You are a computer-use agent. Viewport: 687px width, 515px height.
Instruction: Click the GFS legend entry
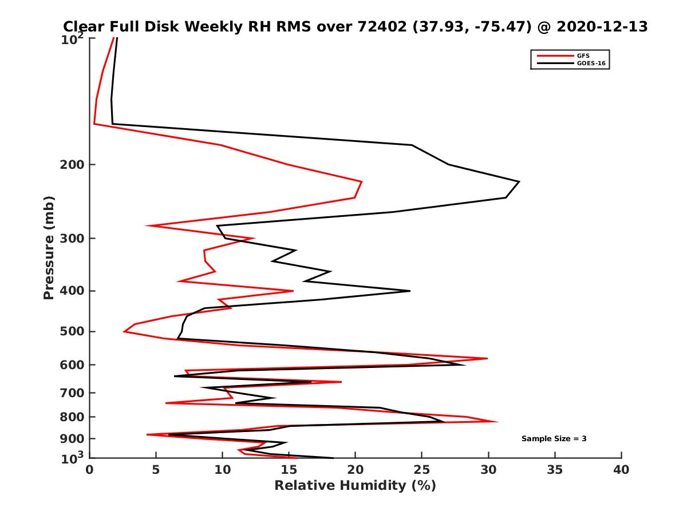(583, 56)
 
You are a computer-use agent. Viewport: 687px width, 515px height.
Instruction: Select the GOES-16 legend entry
(590, 64)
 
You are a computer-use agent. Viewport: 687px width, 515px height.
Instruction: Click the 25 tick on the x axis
(422, 470)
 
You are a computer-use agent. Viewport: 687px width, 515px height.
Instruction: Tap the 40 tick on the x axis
(621, 470)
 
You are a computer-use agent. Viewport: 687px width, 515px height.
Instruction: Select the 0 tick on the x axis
(90, 470)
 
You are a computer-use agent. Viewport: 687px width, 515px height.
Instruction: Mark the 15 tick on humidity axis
(289, 470)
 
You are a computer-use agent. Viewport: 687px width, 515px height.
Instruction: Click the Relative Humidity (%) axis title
(355, 486)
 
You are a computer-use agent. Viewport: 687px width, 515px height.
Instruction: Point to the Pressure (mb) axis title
(49, 248)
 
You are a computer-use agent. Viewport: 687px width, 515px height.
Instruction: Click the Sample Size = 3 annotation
(554, 439)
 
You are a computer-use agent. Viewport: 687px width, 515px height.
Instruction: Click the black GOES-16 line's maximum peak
(519, 182)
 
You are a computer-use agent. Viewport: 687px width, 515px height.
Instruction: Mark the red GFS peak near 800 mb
(497, 422)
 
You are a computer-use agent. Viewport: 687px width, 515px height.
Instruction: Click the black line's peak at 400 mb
(409, 291)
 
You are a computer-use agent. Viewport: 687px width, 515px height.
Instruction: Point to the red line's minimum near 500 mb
(124, 331)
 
